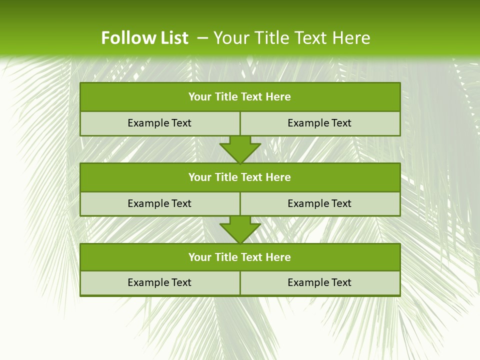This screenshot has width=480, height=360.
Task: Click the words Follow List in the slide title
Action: click(144, 38)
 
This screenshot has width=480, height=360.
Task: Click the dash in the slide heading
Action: click(202, 38)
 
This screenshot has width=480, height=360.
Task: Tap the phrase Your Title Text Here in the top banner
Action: click(292, 38)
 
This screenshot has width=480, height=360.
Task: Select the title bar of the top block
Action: click(240, 97)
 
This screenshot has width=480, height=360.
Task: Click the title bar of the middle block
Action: click(240, 177)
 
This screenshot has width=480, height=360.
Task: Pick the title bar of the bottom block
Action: click(240, 257)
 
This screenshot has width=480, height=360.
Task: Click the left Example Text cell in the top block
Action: click(160, 123)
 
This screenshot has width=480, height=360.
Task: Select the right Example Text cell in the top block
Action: click(320, 123)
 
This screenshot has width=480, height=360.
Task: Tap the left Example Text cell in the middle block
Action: click(160, 203)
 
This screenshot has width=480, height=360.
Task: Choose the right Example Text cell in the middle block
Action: click(320, 203)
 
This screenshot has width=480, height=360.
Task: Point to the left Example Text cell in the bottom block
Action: click(160, 282)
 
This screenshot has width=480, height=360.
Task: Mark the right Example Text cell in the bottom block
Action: click(320, 282)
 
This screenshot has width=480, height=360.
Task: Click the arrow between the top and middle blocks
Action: click(240, 149)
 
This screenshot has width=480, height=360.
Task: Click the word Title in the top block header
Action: click(226, 97)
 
